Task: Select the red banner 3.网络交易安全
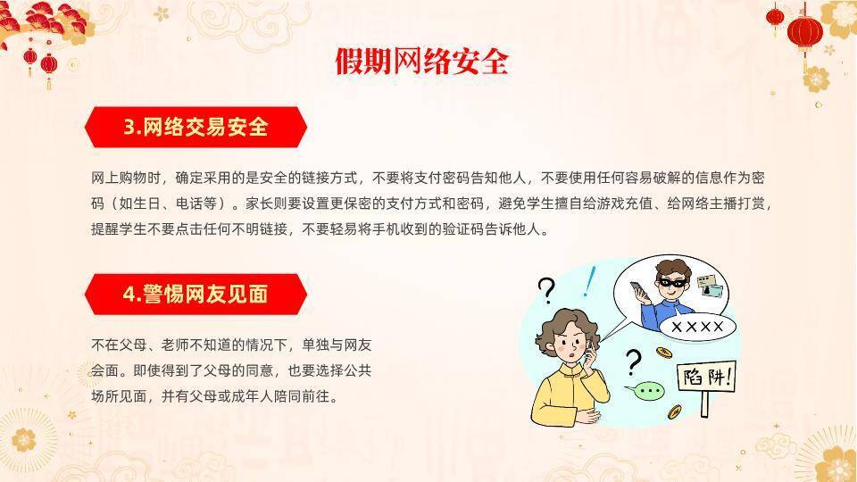pos(196,127)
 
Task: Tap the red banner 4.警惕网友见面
pos(196,293)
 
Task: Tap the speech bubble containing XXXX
pos(697,327)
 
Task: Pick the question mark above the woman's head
pos(546,288)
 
